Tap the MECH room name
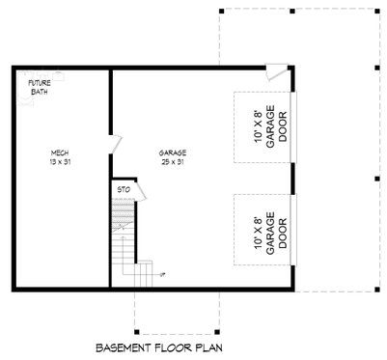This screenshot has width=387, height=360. click(x=59, y=152)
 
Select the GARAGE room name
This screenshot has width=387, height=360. click(x=173, y=152)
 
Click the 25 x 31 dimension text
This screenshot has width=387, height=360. click(x=173, y=161)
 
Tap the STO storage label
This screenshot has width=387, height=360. click(x=124, y=190)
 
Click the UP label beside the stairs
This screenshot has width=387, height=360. click(x=162, y=274)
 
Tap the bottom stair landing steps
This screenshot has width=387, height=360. click(x=141, y=275)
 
